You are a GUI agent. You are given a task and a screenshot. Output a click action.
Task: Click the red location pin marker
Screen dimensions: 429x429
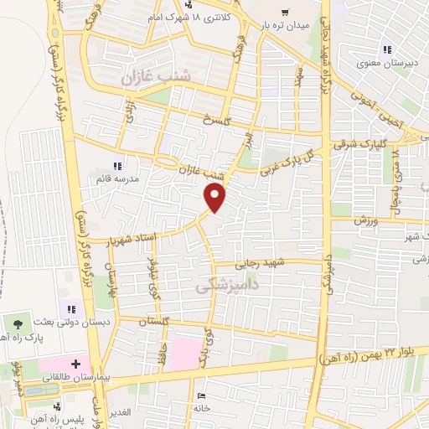click(x=216, y=197)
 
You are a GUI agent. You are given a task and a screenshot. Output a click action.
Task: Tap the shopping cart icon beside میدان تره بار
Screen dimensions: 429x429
click(x=285, y=12)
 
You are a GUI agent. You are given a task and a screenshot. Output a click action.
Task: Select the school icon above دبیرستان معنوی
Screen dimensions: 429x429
click(x=387, y=48)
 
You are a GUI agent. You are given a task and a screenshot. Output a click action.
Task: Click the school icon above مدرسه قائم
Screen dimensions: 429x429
click(x=116, y=165)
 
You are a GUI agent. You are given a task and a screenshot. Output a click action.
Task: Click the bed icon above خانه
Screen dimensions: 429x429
click(x=199, y=395)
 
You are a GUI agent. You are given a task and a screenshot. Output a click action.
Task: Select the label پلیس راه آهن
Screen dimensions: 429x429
click(x=61, y=417)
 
